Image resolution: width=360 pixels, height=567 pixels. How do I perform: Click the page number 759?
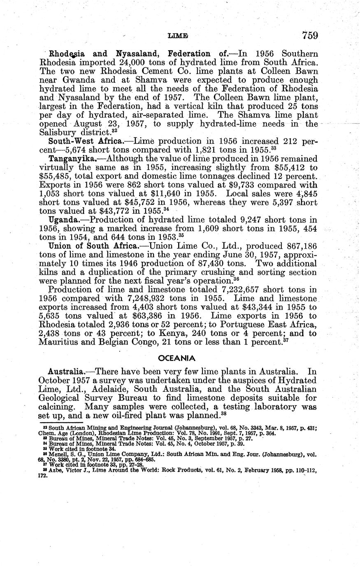pyautogui.click(x=309, y=35)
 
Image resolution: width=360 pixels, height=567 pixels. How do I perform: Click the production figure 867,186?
pyautogui.click(x=300, y=246)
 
